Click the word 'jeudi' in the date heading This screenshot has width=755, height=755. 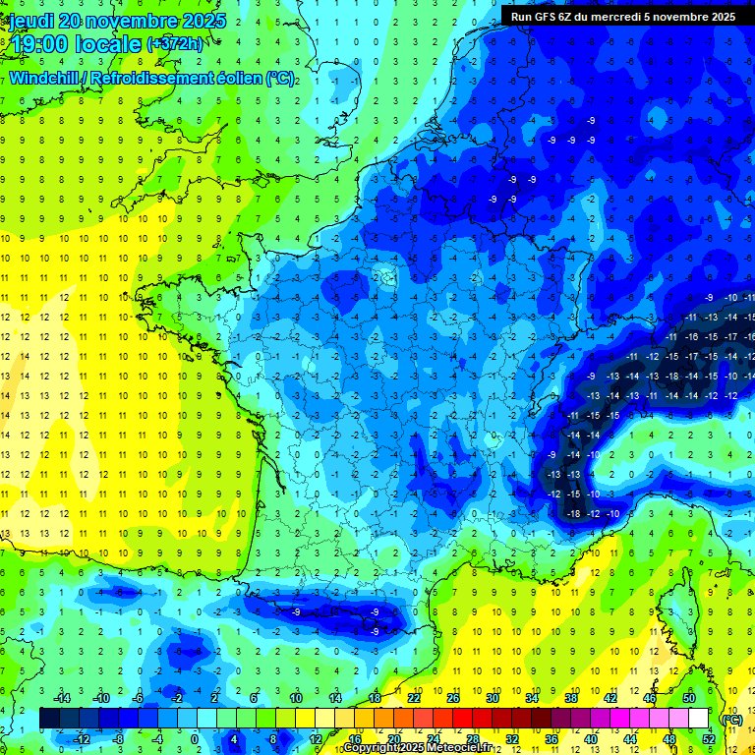pyautogui.click(x=32, y=20)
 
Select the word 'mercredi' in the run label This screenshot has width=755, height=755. pyautogui.click(x=639, y=16)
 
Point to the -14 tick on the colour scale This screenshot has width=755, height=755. pyautogui.click(x=62, y=698)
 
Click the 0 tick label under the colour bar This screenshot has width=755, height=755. pyautogui.click(x=194, y=738)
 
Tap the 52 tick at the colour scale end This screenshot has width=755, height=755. pyautogui.click(x=709, y=738)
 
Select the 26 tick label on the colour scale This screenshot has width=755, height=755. pyautogui.click(x=453, y=698)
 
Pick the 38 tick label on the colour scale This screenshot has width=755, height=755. pyautogui.click(x=571, y=698)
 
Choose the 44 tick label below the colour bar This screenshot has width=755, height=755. pyautogui.click(x=630, y=738)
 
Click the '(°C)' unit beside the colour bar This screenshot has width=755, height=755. pyautogui.click(x=731, y=719)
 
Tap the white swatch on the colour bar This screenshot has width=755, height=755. pyautogui.click(x=698, y=719)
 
